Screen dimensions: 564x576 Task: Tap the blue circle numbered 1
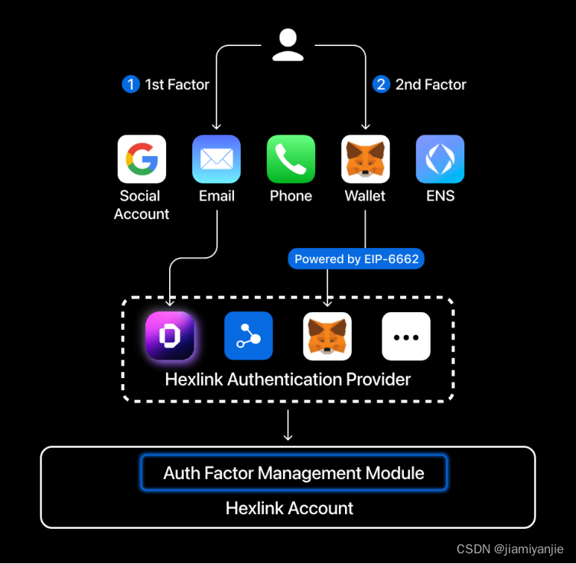coord(131,84)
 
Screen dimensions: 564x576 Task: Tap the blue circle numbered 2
coord(381,84)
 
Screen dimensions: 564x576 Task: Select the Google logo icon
coord(142,159)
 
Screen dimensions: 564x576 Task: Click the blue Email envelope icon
coord(216,159)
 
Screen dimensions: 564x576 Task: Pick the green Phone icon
coord(291,159)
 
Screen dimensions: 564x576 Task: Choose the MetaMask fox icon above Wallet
coord(365,159)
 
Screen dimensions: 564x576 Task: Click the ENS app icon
coord(440,159)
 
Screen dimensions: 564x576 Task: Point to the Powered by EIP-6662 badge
coord(356,259)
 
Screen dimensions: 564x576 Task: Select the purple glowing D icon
coord(170,336)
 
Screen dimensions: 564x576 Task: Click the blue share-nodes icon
coord(249,336)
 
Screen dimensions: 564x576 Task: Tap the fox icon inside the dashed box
coord(327,336)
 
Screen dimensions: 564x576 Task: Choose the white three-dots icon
coord(406,336)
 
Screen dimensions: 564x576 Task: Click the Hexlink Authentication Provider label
coord(288,379)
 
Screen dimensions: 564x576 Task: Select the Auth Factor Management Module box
coord(294,473)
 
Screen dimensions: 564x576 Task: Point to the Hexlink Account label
coord(289,507)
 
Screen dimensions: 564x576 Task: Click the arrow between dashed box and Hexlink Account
coord(288,425)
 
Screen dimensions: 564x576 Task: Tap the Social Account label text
coord(142,205)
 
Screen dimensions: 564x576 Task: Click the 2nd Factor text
coord(431,84)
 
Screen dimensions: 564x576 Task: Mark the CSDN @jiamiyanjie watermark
coord(509,549)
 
